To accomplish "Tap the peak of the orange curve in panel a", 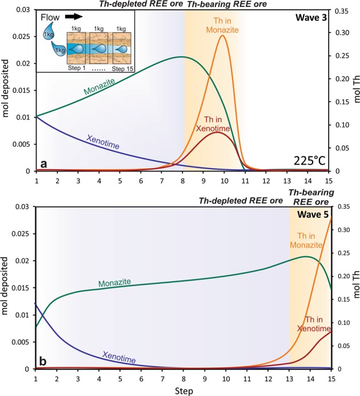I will (222, 35).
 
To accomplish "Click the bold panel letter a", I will (42, 164).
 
